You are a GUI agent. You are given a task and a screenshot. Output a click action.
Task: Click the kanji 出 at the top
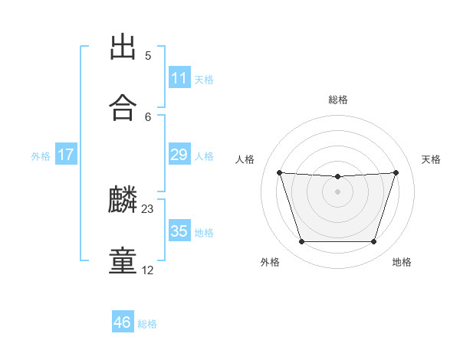tap(123, 46)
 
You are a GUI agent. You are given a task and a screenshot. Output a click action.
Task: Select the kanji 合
tap(123, 107)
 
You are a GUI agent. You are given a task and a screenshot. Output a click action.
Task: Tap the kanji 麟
tap(123, 199)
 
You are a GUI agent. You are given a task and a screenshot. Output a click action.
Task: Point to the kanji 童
tap(123, 260)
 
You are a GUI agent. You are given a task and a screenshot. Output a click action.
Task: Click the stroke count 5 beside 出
tap(148, 56)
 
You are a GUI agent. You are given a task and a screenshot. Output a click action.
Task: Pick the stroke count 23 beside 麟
tap(147, 209)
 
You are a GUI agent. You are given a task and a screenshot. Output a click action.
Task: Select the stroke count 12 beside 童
tap(147, 270)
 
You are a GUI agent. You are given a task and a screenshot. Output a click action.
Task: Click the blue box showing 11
tap(179, 77)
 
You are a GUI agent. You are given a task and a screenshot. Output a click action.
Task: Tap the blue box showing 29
tap(179, 154)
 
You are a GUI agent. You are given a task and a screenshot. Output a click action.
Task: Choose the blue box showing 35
tap(179, 230)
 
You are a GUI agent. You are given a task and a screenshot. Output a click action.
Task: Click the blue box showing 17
tap(66, 154)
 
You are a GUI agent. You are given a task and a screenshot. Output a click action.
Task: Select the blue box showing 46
tap(123, 321)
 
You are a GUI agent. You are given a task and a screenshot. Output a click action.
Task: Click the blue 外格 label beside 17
tap(41, 156)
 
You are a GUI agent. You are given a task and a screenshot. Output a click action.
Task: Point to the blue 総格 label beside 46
tap(147, 324)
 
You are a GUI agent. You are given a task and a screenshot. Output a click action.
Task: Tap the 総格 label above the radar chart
tap(338, 100)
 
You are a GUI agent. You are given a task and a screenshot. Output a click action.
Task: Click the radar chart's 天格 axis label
tap(431, 159)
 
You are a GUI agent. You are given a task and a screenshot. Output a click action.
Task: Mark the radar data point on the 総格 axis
tap(337, 176)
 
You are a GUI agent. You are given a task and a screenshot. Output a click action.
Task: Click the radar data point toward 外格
tap(301, 241)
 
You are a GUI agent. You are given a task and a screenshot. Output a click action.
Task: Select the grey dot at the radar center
tap(337, 191)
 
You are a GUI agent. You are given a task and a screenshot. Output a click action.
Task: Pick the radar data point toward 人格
tap(280, 172)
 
